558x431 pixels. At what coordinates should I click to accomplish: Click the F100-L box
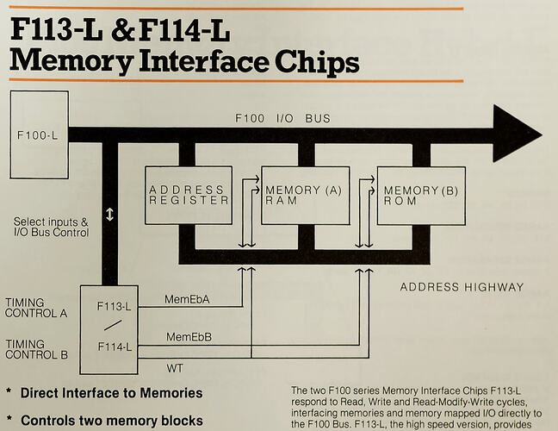click(x=39, y=135)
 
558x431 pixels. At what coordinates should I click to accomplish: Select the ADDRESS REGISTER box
click(x=189, y=195)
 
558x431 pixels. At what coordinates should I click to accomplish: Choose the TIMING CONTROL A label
click(x=36, y=309)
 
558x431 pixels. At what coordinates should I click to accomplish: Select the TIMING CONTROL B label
click(x=36, y=348)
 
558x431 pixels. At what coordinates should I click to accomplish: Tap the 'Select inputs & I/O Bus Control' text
click(x=52, y=227)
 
